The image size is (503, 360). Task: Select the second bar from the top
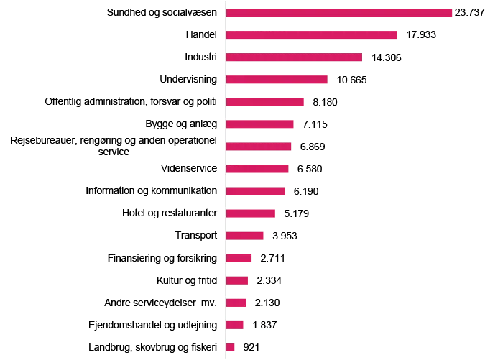coord(311,34)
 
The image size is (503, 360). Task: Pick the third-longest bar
coord(294,57)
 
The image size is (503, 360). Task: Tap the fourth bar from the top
coord(277,79)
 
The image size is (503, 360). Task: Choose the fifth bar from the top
coord(264,101)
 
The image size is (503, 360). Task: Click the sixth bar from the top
coord(259,124)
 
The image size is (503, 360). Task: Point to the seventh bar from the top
coord(259,146)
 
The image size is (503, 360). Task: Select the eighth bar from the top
coord(257,168)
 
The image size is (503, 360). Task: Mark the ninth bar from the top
coord(255,190)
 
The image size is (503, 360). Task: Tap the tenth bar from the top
coord(250,213)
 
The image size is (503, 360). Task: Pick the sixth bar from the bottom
coord(244,235)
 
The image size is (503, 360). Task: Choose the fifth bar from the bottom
coord(239,257)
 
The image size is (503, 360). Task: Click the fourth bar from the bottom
coord(236,280)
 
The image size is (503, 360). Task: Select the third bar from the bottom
coord(236,302)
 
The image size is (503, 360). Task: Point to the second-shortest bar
coord(234,324)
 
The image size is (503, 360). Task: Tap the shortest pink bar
coord(230,347)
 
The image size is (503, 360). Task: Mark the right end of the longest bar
coord(452,12)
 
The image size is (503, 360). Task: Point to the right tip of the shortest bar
coord(234,347)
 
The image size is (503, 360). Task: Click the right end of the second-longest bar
coord(397,34)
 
